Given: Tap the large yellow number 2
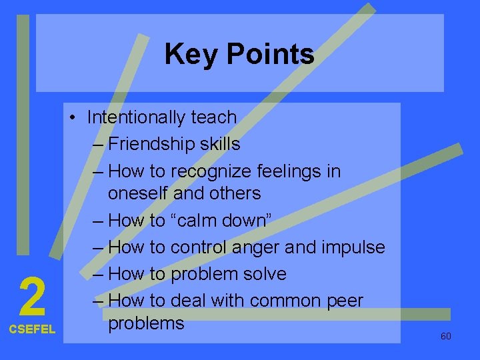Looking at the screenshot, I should (32, 297).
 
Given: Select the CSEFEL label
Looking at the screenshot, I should (32, 329).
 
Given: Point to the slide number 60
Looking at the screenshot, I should (446, 336).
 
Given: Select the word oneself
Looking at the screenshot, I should (138, 193).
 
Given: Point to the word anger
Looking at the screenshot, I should (260, 247).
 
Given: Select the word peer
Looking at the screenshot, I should (344, 301).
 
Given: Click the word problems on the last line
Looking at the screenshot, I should (145, 323).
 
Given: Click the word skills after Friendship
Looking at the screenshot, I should (219, 144).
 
